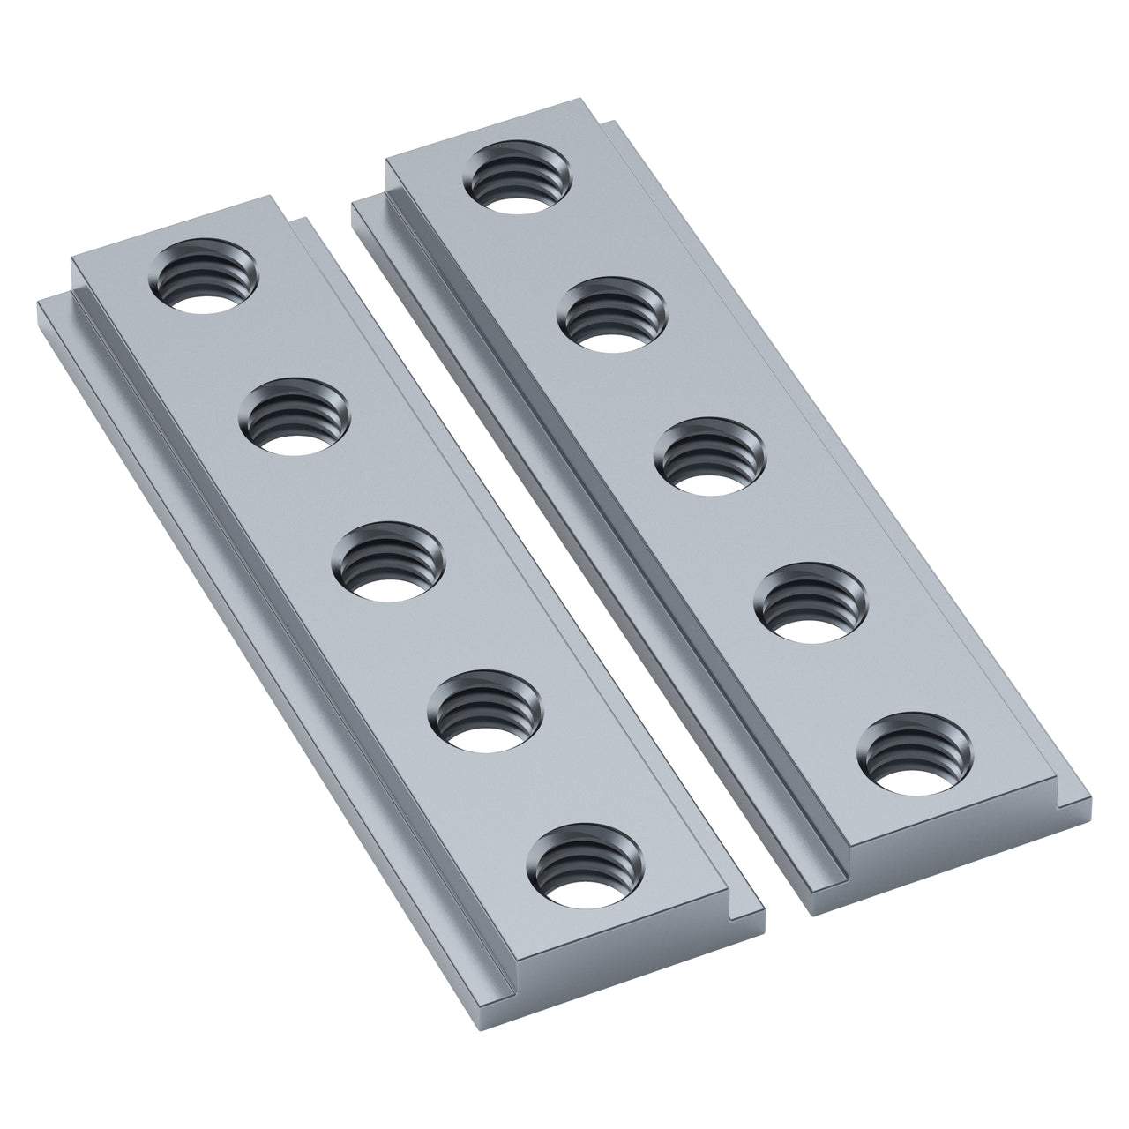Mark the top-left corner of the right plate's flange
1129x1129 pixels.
click(x=353, y=205)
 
